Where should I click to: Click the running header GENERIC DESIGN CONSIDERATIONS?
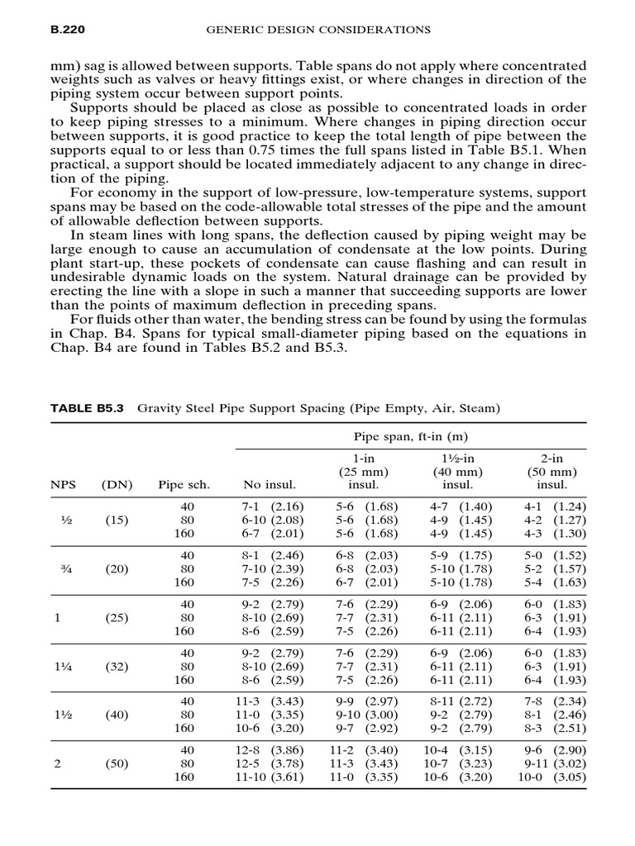(x=317, y=30)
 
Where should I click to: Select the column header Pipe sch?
(x=181, y=485)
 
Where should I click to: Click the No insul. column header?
(x=270, y=485)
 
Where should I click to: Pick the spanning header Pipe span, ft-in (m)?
(x=410, y=435)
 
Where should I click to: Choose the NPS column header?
(x=63, y=485)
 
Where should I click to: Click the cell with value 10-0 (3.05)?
(x=552, y=777)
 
